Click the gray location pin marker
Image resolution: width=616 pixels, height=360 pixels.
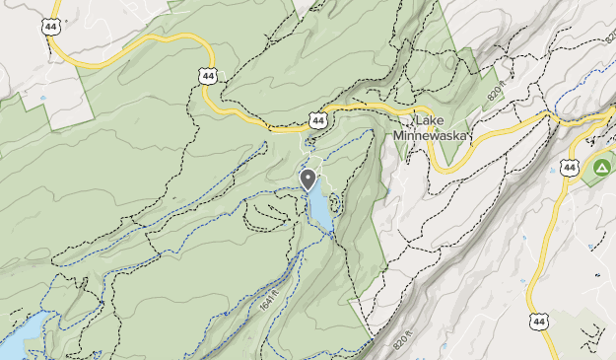coord(308,179)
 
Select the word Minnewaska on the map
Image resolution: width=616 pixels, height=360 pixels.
coord(432,135)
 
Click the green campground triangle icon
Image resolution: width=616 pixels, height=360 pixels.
coord(598,170)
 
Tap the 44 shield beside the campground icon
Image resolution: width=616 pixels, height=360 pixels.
coord(570,168)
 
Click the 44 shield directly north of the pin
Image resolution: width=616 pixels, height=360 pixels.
coord(317,120)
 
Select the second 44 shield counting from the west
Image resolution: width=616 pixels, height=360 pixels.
coord(206,75)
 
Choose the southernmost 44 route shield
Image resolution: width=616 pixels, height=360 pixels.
coord(537,321)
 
